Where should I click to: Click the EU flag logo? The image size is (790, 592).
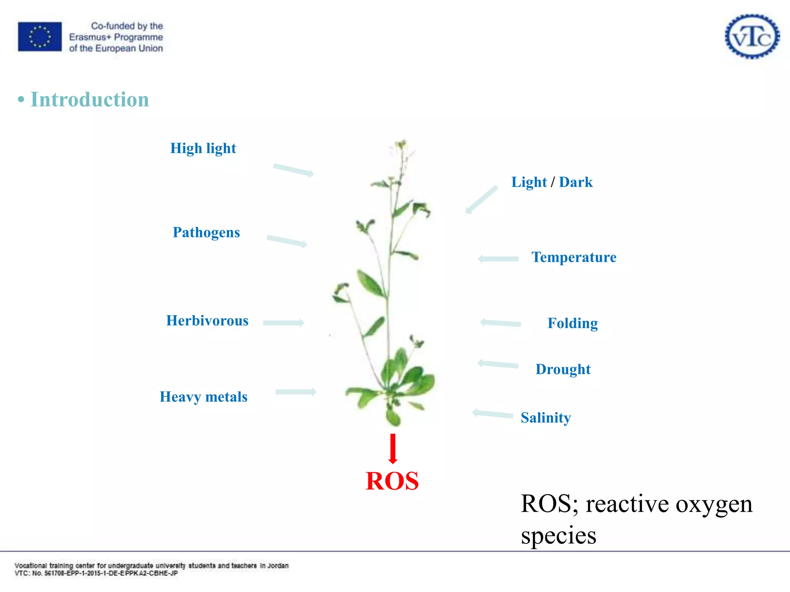[x=40, y=37]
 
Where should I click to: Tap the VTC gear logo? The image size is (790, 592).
[x=752, y=37]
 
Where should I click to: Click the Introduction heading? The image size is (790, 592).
[x=89, y=99]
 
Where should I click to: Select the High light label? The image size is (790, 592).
[x=203, y=148]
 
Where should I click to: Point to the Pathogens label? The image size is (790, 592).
[x=206, y=232]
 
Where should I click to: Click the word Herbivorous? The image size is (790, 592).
[x=207, y=321]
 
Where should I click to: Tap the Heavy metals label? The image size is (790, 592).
[x=203, y=397]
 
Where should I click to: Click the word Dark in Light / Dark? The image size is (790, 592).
[x=576, y=182]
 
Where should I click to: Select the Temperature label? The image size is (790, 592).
[x=574, y=257]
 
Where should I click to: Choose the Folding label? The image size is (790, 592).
[x=572, y=323]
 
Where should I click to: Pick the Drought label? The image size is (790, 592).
[x=563, y=369]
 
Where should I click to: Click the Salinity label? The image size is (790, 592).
[x=545, y=418]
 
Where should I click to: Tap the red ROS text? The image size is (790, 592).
[x=392, y=481]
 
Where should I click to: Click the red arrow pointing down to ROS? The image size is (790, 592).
[x=393, y=449]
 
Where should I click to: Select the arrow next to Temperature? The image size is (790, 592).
[x=498, y=259]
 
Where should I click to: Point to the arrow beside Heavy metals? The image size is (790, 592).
[x=296, y=392]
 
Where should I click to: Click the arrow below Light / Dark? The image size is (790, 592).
[x=481, y=200]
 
